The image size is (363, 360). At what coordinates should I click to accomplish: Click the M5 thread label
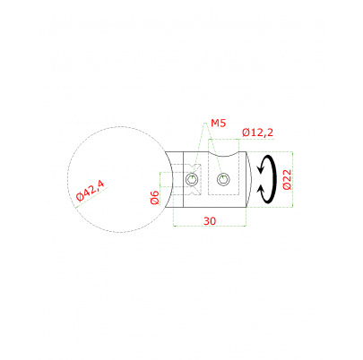tap(218, 123)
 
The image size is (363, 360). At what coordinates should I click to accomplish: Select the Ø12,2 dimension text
tap(258, 133)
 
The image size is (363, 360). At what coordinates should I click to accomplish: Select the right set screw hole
tap(223, 183)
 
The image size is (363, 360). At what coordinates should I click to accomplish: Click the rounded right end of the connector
tap(248, 182)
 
